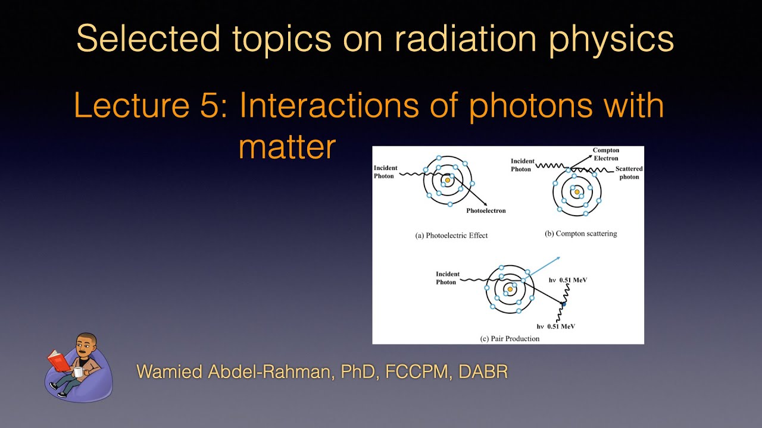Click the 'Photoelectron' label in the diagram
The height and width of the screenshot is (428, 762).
coord(486,210)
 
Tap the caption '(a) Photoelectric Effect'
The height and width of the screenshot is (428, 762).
coord(451,235)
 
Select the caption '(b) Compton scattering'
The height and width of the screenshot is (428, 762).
coord(580,234)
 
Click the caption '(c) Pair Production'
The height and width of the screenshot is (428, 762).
coord(510,338)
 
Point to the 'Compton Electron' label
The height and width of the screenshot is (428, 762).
coord(605,155)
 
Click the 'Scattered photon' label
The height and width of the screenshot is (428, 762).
coord(629,173)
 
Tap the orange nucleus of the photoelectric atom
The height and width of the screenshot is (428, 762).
coord(447,180)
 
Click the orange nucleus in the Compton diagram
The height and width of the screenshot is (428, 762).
coord(576,192)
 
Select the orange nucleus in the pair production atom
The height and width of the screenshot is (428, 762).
coord(510,289)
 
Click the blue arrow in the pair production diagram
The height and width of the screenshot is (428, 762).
coord(545,265)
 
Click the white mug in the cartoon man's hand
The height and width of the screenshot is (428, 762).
coord(77,372)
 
